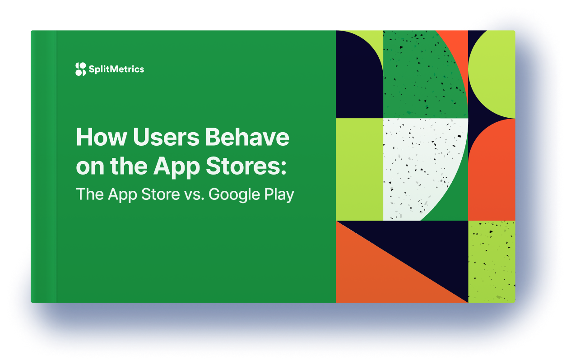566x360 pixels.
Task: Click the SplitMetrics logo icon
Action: click(x=81, y=69)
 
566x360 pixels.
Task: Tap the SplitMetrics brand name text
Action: click(x=116, y=69)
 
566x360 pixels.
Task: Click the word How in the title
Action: click(x=101, y=137)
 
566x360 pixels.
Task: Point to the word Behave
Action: click(x=247, y=137)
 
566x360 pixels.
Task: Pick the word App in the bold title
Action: click(x=176, y=168)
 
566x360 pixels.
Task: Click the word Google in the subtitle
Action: click(x=234, y=195)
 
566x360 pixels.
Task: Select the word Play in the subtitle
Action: click(x=279, y=195)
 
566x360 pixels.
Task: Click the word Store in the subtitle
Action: click(x=160, y=194)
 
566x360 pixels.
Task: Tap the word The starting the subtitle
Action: click(x=90, y=194)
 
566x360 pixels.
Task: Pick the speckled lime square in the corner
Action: click(x=492, y=262)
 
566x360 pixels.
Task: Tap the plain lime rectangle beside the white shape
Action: click(x=360, y=170)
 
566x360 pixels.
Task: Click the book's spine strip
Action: click(x=44, y=166)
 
